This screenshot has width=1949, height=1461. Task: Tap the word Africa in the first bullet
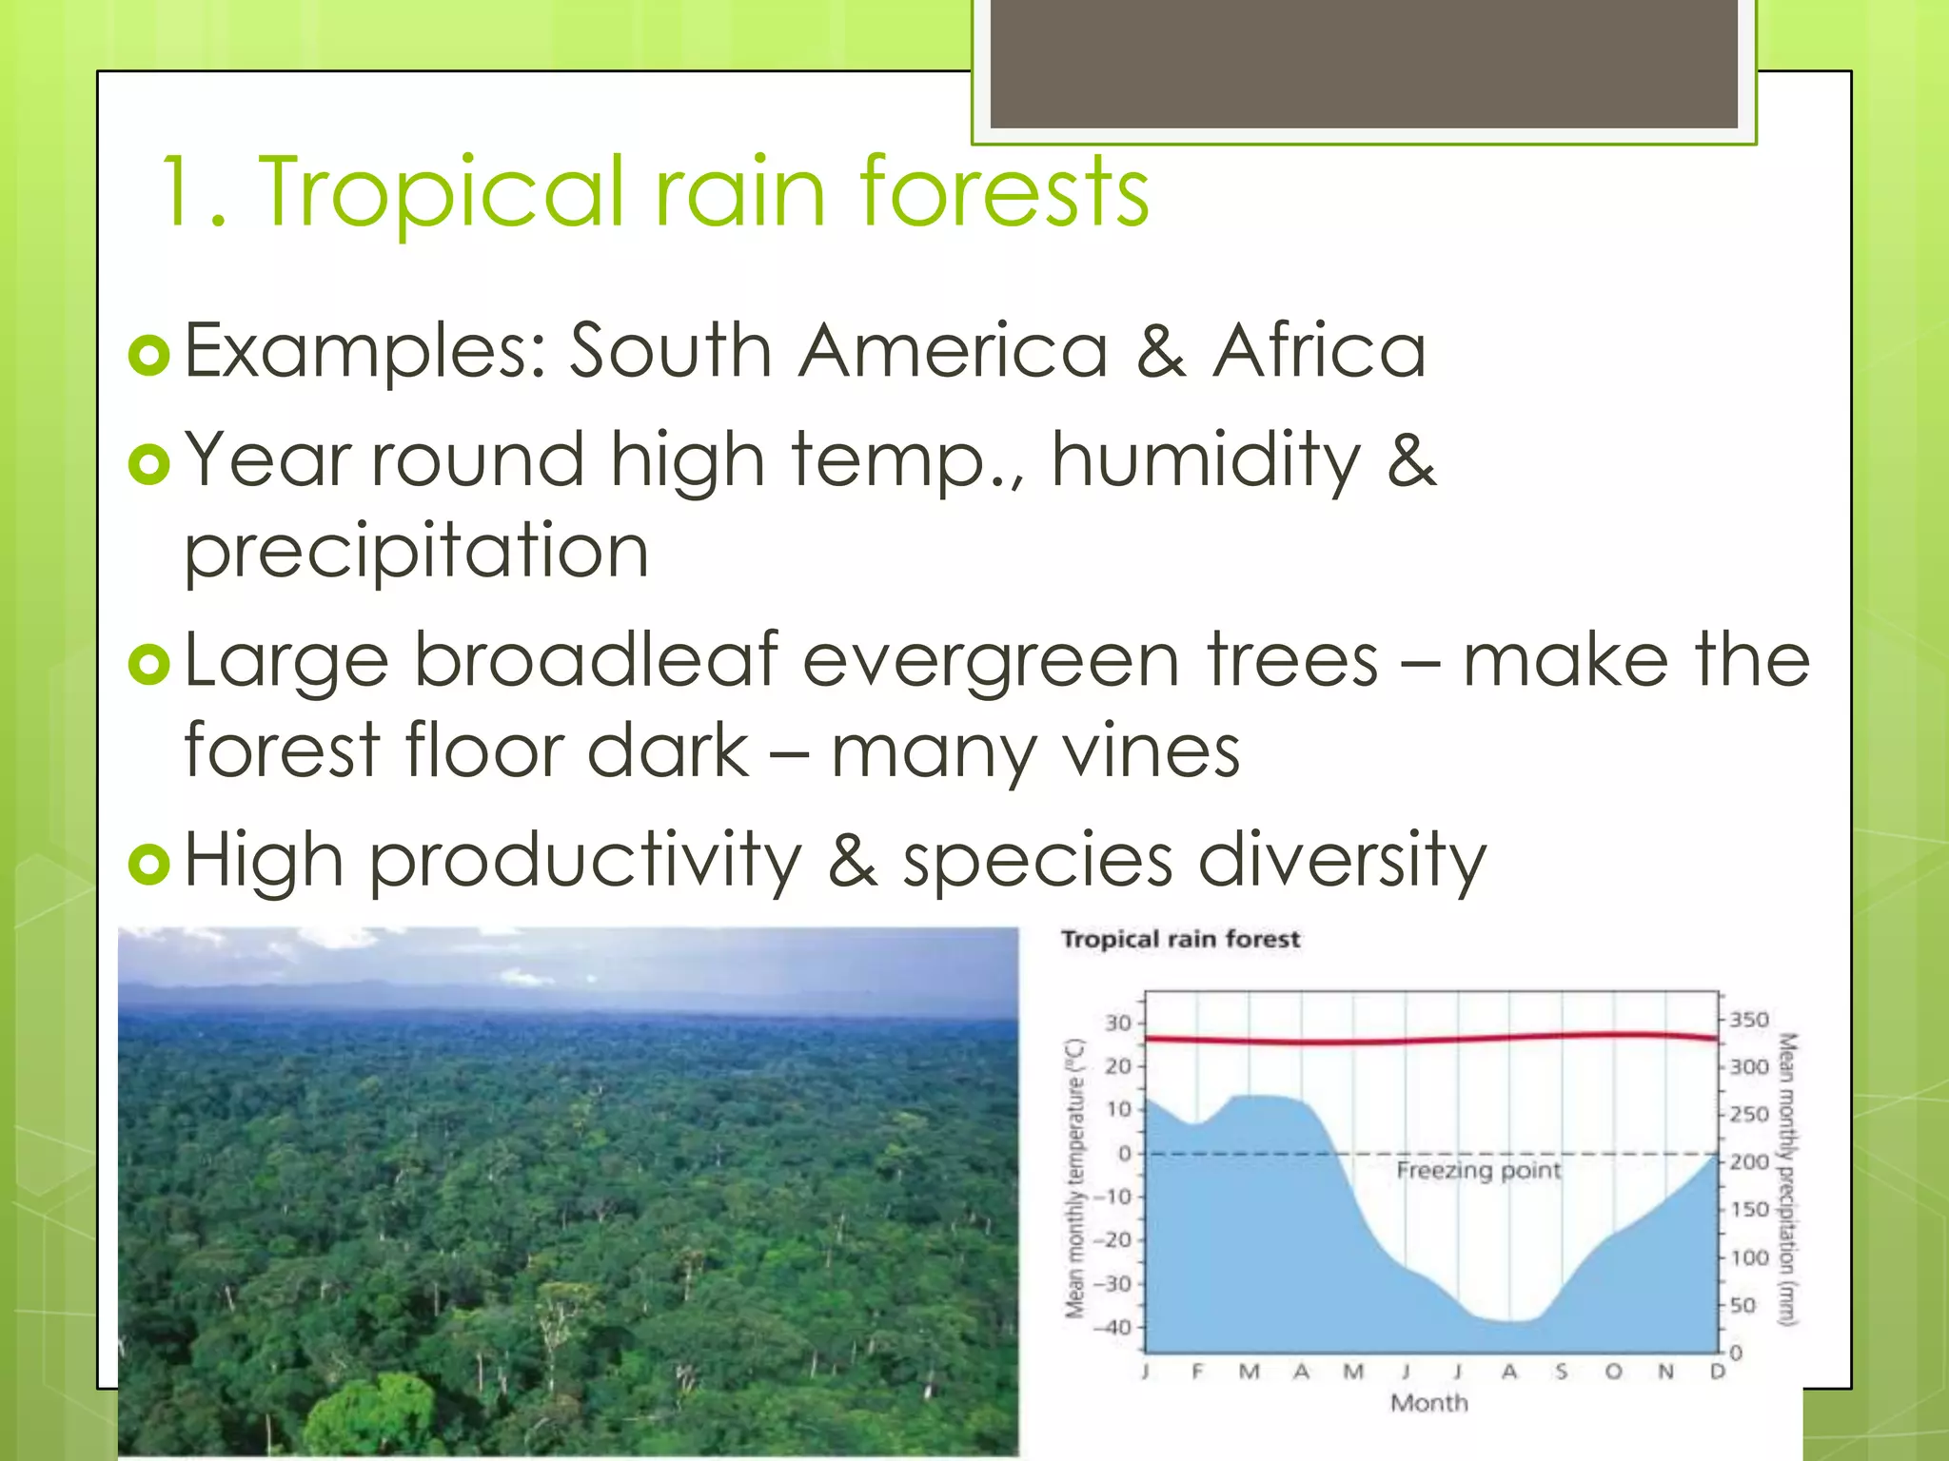click(x=1320, y=351)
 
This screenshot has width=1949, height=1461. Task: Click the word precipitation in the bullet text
click(x=416, y=553)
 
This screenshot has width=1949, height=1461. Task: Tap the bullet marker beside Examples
click(x=148, y=356)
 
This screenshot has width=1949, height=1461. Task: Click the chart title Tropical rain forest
click(x=1180, y=940)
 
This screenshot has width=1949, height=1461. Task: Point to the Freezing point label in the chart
click(x=1478, y=1170)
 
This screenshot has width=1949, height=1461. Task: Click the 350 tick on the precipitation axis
click(x=1748, y=1020)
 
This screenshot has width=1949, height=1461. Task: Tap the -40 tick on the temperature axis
click(x=1113, y=1327)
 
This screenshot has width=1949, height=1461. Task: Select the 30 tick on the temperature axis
click(x=1118, y=1023)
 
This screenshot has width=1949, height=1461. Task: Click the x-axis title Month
click(x=1428, y=1403)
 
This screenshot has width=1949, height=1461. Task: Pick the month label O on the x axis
click(x=1613, y=1372)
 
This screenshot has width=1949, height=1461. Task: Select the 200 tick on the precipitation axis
click(x=1748, y=1162)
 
